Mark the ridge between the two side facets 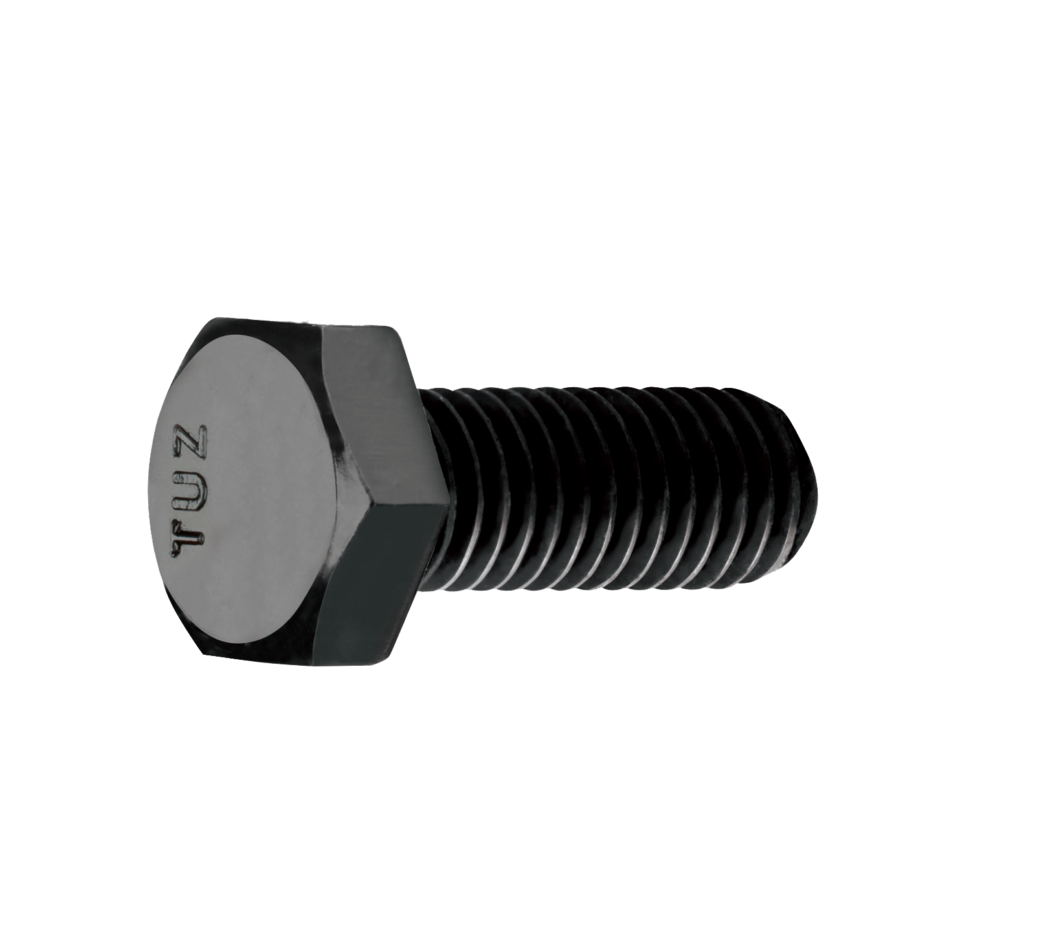[x=388, y=500]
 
